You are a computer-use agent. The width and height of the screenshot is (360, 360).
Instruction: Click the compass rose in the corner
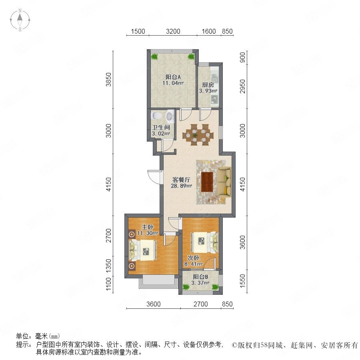tap(20, 20)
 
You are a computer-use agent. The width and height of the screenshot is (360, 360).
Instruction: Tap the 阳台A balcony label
tap(173, 80)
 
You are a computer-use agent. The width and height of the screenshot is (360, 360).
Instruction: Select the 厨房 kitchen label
tap(208, 88)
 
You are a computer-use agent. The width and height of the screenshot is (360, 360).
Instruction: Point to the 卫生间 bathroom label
tap(161, 130)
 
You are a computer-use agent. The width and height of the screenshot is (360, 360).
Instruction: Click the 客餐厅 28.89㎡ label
tap(181, 182)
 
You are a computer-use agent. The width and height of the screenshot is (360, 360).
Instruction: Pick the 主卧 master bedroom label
tap(148, 230)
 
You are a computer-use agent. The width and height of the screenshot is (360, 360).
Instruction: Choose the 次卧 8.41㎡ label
tap(193, 261)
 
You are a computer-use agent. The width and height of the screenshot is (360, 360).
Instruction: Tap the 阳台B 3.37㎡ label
tap(200, 280)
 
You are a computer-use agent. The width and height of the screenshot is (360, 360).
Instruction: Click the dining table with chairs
tap(198, 134)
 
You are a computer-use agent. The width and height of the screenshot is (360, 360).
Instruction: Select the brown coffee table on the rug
tap(207, 182)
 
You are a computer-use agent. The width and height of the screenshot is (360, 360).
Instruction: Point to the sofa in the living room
tap(224, 182)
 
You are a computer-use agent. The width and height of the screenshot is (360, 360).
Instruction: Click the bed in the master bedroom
tap(143, 250)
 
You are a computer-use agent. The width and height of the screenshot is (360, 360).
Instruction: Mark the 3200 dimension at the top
tap(173, 31)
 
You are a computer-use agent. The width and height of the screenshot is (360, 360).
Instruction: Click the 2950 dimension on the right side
tap(242, 86)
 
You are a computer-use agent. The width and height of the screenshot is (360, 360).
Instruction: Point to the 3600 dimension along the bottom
tap(153, 304)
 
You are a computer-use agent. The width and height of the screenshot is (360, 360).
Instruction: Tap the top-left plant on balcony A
tap(154, 56)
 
